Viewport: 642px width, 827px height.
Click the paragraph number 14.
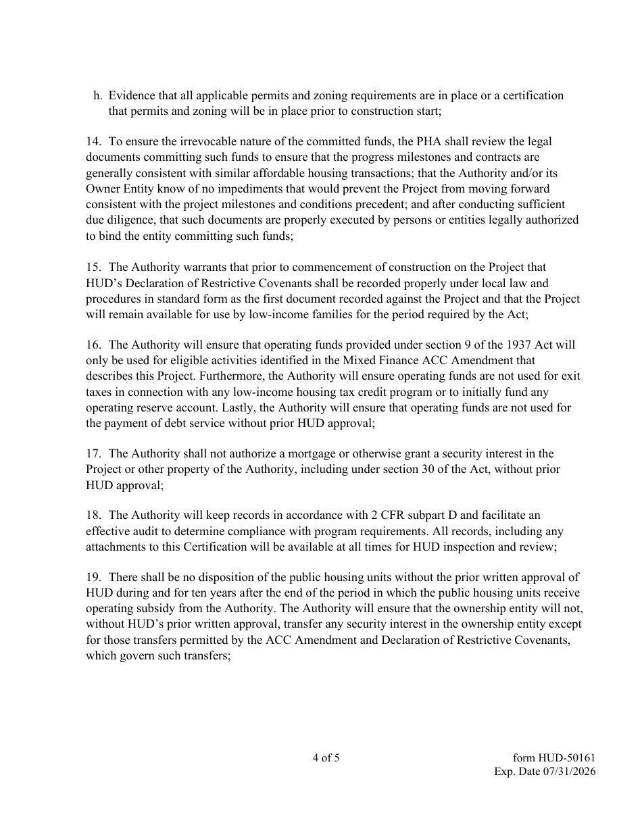(x=93, y=142)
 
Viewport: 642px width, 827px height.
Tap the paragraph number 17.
(x=93, y=454)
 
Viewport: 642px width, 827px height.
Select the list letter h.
(x=98, y=96)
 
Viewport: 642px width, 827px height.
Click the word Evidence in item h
(x=130, y=96)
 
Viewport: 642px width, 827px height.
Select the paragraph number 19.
(x=93, y=578)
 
